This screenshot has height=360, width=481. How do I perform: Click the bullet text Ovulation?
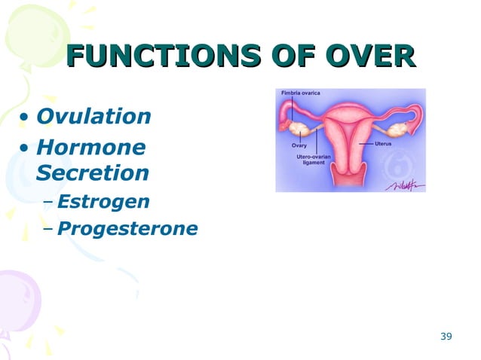(x=93, y=117)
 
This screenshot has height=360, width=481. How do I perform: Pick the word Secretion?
(x=93, y=173)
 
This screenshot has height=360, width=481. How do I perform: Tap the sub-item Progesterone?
(x=127, y=228)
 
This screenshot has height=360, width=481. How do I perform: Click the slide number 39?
(x=446, y=335)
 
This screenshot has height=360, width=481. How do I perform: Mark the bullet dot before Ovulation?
(x=26, y=118)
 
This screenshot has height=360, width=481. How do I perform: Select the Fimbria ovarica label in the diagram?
(x=301, y=93)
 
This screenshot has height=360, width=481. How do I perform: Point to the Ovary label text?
(x=299, y=145)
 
